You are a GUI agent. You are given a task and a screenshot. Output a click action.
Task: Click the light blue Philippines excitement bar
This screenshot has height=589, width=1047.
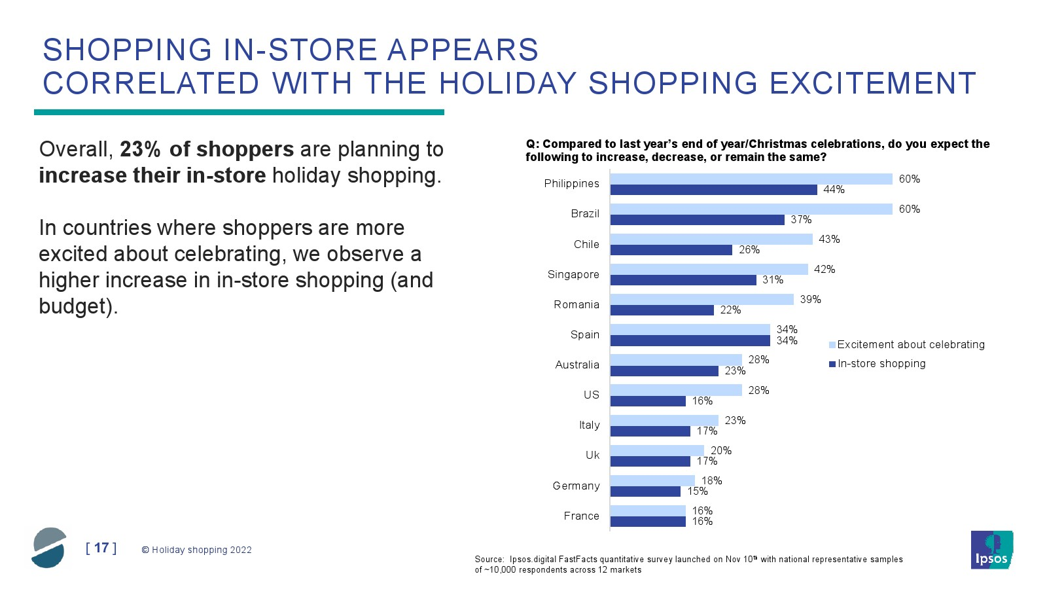751,179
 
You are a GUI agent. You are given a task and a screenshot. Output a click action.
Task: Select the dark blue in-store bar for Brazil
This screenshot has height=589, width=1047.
698,220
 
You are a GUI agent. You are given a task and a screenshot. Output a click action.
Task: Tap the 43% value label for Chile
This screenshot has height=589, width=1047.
829,240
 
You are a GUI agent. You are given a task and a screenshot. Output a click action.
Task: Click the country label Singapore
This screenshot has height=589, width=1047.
573,274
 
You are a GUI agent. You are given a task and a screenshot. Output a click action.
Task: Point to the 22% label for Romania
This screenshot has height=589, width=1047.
730,310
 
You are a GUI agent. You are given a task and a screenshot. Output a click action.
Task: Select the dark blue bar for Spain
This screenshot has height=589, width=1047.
690,340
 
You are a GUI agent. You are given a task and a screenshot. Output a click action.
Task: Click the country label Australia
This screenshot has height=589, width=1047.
577,365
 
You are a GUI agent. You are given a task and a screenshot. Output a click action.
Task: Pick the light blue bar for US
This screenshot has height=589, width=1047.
676,390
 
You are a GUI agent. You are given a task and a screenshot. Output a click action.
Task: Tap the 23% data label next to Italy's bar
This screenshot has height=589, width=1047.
736,420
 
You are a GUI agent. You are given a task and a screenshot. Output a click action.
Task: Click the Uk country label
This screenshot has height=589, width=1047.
592,455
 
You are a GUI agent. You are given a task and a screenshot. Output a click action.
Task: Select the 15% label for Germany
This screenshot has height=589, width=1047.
698,491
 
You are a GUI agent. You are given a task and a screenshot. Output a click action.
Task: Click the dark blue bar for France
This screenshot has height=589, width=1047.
648,522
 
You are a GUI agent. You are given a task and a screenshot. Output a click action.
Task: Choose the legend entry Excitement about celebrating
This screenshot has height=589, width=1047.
907,344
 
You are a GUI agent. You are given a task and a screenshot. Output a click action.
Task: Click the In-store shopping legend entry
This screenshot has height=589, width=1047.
878,364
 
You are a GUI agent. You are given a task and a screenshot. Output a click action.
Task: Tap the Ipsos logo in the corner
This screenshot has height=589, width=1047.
992,550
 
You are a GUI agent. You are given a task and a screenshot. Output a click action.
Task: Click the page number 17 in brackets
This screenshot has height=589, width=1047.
101,548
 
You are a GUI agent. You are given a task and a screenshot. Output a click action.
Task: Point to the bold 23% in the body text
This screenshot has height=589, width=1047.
141,150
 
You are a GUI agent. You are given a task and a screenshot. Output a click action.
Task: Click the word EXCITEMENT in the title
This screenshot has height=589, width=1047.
873,83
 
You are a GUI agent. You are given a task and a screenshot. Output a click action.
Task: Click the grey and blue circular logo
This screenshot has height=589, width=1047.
49,548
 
